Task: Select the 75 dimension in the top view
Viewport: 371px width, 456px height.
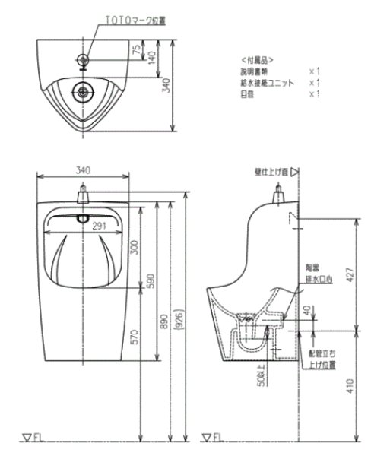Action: click(135, 51)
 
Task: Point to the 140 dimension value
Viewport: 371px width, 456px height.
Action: click(152, 58)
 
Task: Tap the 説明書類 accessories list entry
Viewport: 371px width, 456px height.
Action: click(253, 70)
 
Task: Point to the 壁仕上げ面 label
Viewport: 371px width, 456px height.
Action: click(272, 173)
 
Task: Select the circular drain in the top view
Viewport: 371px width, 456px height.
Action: click(82, 92)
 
